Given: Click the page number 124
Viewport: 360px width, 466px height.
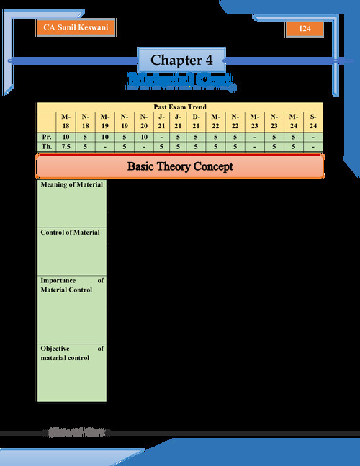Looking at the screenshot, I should [304, 29].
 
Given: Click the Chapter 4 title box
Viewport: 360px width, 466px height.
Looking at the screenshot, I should [180, 60].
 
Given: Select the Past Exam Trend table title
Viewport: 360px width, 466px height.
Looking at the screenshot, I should [180, 107].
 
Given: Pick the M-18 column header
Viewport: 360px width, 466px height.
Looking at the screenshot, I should [66, 121].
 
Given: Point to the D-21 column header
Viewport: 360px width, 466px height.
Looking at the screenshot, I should [197, 121].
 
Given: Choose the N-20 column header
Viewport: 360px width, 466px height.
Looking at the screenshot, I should [143, 121].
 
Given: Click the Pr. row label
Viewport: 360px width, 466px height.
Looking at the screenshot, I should [46, 135].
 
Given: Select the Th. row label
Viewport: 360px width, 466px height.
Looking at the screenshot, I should [46, 146].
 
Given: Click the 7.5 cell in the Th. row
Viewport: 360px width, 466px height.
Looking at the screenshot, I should [66, 146].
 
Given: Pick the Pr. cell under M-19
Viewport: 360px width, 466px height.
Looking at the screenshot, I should [105, 135].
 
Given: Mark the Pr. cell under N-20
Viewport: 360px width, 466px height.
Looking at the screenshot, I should [143, 135].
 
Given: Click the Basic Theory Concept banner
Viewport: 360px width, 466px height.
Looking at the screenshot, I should [180, 166].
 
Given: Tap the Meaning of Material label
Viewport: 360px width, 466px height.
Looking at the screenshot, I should [72, 185].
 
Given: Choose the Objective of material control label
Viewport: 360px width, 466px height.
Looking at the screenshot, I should [72, 353].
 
